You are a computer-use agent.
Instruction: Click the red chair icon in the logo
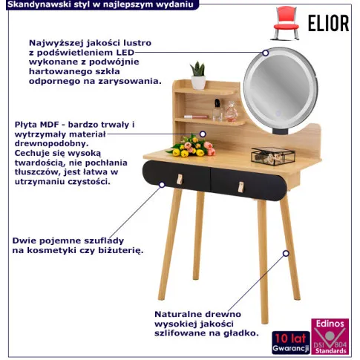[x=286, y=23]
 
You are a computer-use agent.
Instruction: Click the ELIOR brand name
[x=328, y=23]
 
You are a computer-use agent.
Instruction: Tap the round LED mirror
[x=281, y=88]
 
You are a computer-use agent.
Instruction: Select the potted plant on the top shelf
[x=198, y=76]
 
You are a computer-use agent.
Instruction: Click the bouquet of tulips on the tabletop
[x=192, y=146]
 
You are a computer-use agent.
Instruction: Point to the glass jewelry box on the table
[x=273, y=156]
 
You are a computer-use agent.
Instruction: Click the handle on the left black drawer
[x=180, y=179]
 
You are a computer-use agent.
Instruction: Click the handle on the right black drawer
[x=240, y=187]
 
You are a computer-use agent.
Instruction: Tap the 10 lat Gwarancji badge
[x=291, y=343]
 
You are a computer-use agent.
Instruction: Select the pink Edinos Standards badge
[x=330, y=336]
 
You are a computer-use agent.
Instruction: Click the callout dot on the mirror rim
[x=266, y=53]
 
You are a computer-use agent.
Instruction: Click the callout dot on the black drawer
[x=162, y=185]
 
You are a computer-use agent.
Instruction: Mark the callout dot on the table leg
[x=286, y=253]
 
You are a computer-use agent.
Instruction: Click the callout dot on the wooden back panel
[x=203, y=134]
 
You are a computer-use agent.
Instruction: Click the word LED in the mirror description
[x=125, y=53]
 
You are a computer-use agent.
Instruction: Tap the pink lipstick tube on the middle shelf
[x=196, y=117]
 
